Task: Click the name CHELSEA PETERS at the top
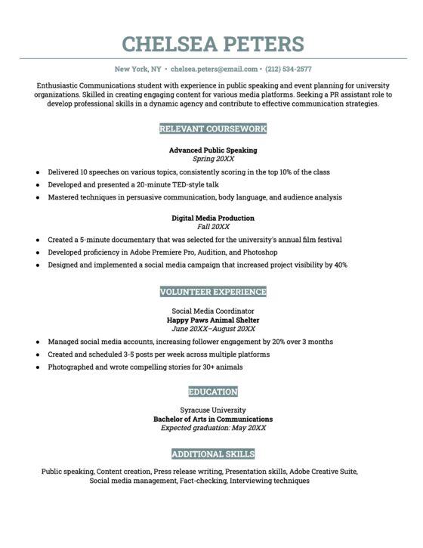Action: [212, 43]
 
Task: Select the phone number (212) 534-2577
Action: [283, 69]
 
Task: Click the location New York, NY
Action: [139, 69]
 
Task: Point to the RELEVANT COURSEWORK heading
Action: [212, 129]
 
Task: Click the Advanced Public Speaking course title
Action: [212, 150]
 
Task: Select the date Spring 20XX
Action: [212, 159]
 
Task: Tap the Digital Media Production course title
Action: [212, 218]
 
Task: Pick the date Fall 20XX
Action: [212, 227]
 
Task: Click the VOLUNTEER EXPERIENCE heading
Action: [212, 292]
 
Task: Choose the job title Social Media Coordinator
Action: [212, 311]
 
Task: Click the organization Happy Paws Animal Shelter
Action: [212, 320]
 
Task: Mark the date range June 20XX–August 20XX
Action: [212, 329]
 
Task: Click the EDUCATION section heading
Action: [212, 392]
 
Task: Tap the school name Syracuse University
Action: [212, 410]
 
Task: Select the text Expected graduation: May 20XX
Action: [212, 428]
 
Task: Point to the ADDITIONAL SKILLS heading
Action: [212, 454]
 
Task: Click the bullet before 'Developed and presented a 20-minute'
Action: [37, 184]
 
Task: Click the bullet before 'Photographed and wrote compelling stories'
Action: [37, 367]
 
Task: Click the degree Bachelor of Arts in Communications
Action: [212, 419]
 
